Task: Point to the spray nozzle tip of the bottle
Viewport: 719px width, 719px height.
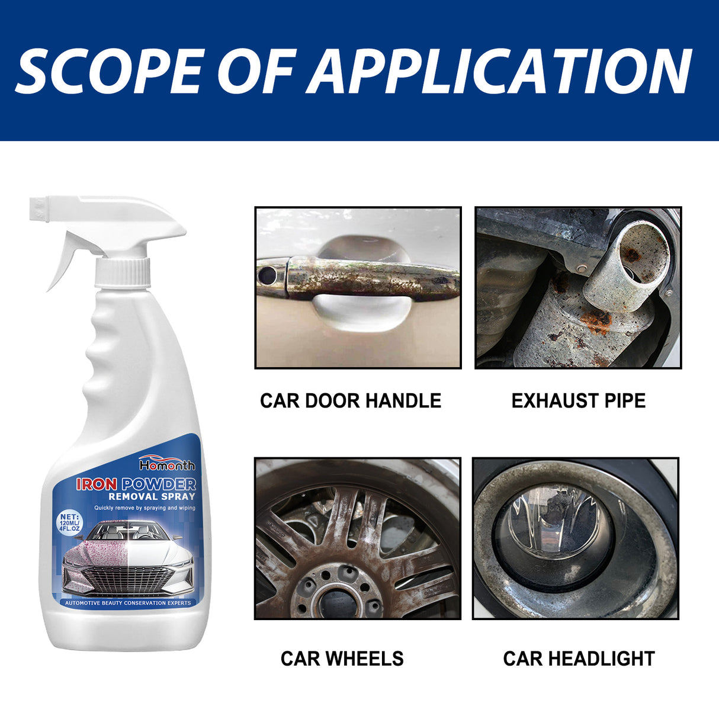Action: (36, 208)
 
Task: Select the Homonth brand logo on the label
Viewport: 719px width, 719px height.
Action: (166, 465)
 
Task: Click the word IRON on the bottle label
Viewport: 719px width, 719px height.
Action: (96, 484)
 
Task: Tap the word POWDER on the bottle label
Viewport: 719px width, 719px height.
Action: (158, 484)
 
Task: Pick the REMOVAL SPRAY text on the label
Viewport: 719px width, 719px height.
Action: (152, 496)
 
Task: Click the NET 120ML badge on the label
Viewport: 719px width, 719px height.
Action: (69, 522)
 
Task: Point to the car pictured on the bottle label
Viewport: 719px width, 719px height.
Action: (129, 557)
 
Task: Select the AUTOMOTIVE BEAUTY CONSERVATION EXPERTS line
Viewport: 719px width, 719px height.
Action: (128, 603)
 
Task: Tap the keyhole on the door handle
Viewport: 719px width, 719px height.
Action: (268, 274)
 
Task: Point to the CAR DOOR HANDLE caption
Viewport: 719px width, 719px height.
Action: (351, 401)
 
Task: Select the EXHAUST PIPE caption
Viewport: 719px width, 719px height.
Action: (578, 401)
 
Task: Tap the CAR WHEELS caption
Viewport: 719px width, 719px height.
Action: (342, 659)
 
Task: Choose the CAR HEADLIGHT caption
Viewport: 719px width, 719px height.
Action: (579, 659)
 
